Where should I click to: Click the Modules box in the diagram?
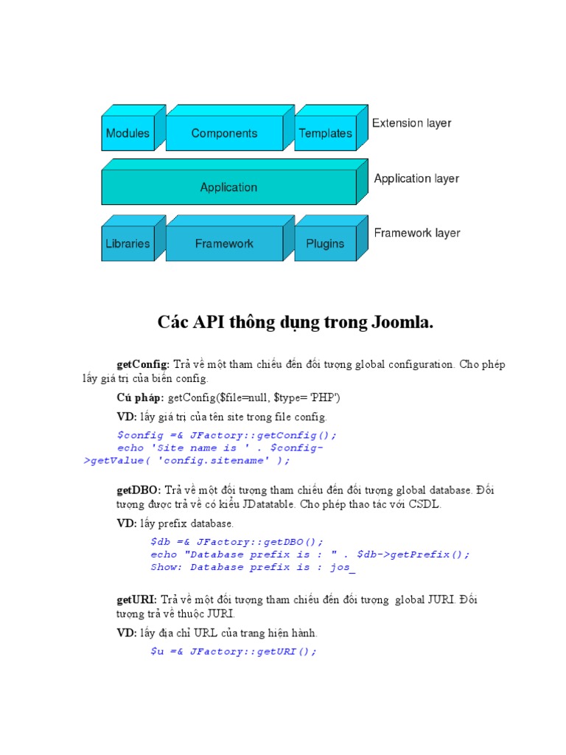(x=127, y=133)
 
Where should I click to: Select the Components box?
(x=224, y=133)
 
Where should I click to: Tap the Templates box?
(x=325, y=133)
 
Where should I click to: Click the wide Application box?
(x=228, y=187)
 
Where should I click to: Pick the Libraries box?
(x=127, y=243)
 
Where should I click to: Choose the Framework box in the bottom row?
(x=224, y=243)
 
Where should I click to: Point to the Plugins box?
(x=325, y=243)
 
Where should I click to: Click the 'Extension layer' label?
(x=411, y=123)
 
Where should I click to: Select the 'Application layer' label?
(x=416, y=178)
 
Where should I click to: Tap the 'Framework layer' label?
(x=416, y=233)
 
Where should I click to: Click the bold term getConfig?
(x=143, y=365)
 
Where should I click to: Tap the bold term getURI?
(x=136, y=600)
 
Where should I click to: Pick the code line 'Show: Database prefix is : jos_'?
(x=253, y=567)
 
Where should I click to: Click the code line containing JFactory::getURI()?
(x=233, y=651)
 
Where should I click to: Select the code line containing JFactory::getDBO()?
(x=237, y=542)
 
